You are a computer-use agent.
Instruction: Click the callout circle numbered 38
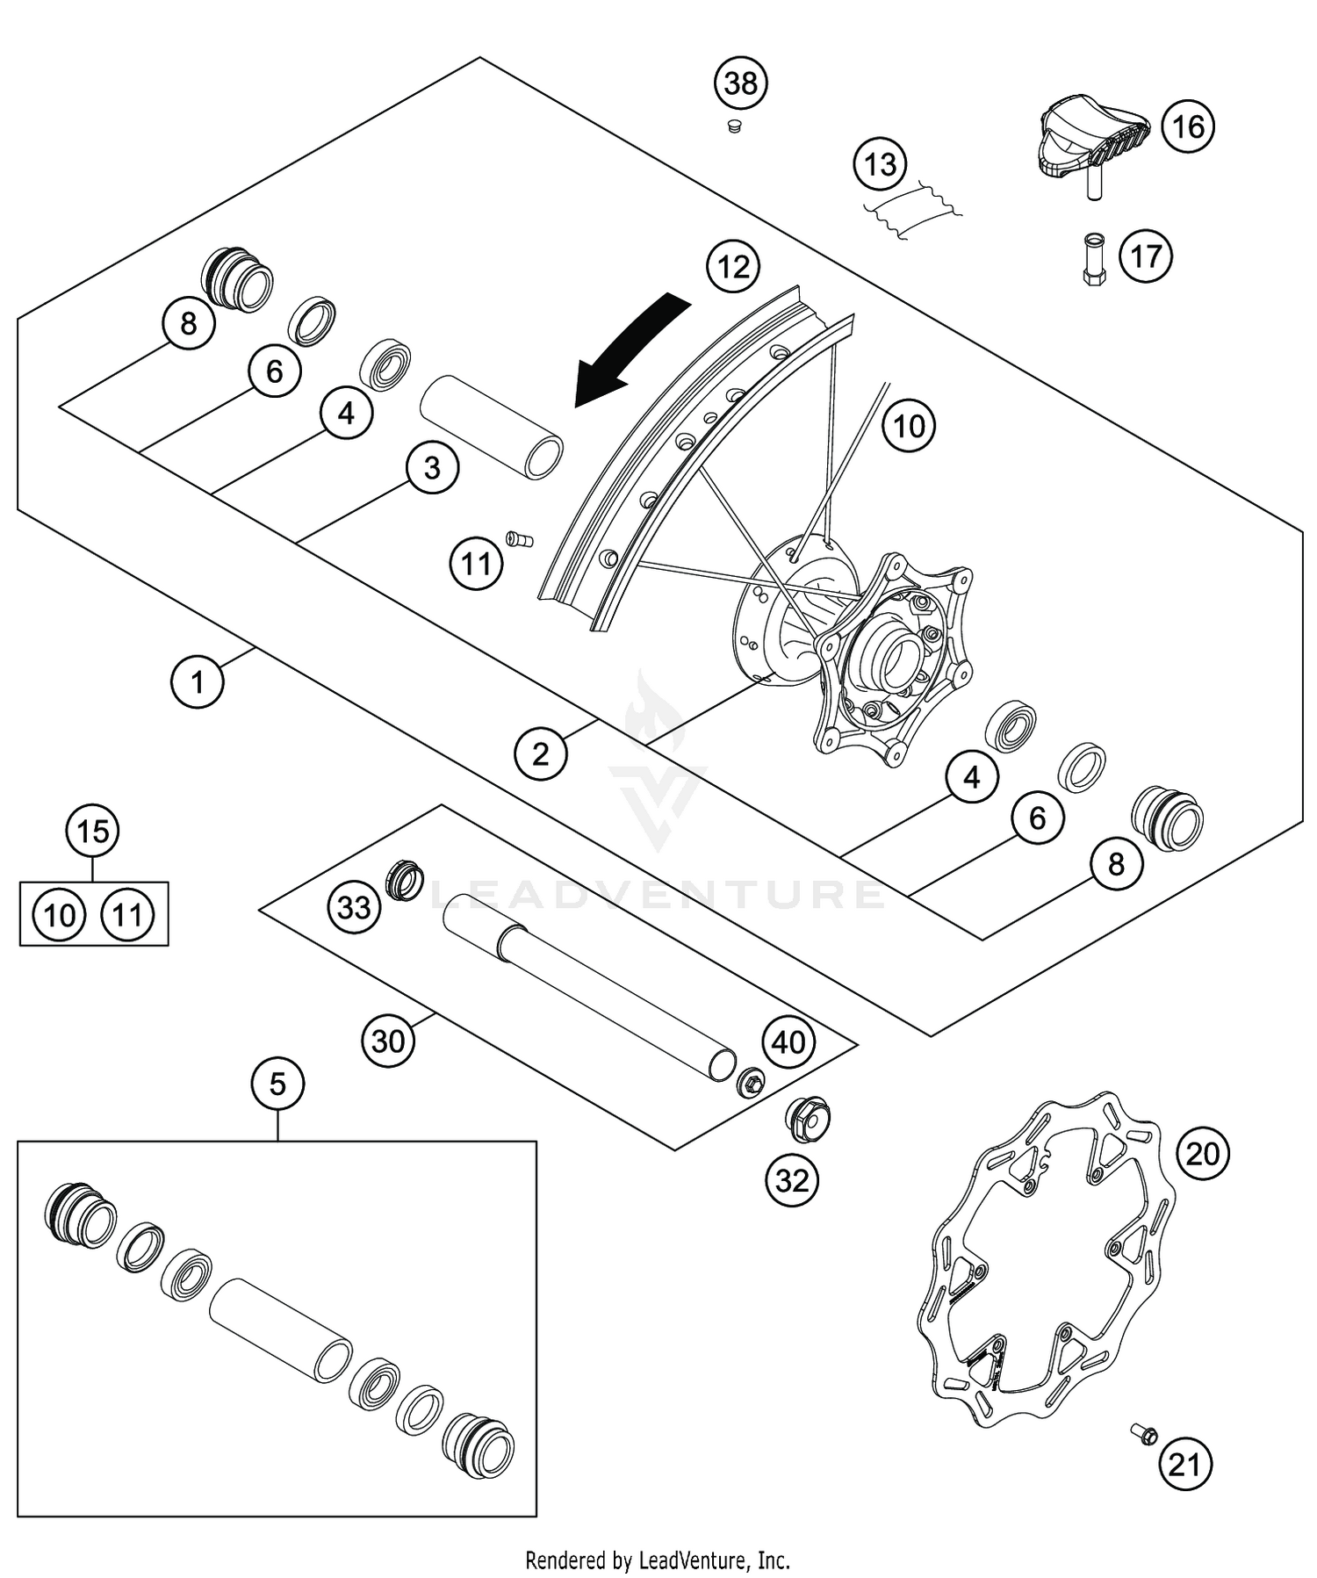[740, 83]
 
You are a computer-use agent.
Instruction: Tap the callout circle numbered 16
[1188, 126]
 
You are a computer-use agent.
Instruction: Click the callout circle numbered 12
[733, 266]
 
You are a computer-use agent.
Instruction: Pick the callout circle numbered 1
[197, 681]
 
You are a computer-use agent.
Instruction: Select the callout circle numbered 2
[540, 753]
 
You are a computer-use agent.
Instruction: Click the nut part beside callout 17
[1094, 261]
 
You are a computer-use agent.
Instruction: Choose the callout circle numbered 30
[388, 1041]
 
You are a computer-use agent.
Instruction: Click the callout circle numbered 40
[788, 1042]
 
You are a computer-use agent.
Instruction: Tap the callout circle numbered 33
[355, 907]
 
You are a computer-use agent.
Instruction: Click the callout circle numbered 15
[94, 831]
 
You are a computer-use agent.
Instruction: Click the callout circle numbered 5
[277, 1084]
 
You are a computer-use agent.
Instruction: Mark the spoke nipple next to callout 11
[519, 538]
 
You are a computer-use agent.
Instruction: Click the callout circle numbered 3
[432, 467]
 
